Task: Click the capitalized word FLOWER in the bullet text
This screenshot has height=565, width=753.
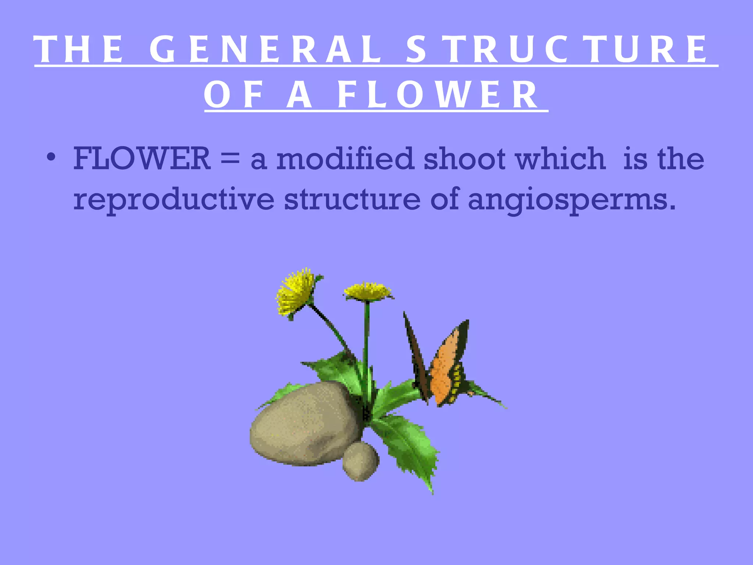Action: point(142,159)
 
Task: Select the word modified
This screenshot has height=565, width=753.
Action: point(345,159)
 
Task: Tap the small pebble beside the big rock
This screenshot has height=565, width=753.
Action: point(360,462)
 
